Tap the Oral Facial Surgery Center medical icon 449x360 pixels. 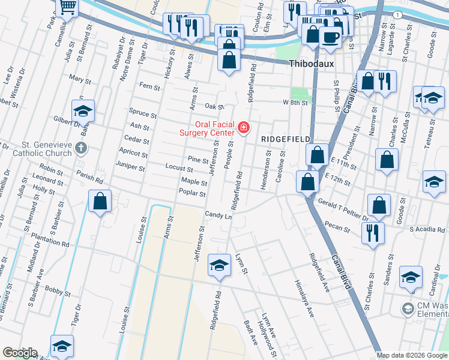coord(243,127)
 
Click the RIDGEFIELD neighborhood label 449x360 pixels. coord(286,139)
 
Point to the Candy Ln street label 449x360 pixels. coord(218,214)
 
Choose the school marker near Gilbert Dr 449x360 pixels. coord(83,110)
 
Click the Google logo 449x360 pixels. coord(20,353)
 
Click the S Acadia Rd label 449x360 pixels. coord(428,229)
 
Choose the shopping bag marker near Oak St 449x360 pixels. coord(229,60)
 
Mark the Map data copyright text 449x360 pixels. coord(412,355)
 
